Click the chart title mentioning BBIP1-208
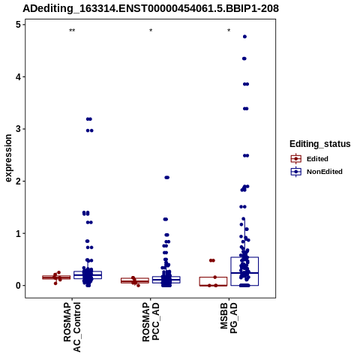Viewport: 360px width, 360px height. [x=151, y=8]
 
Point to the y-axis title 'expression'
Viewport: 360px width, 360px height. [x=8, y=158]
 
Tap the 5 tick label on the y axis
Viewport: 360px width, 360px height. [x=18, y=25]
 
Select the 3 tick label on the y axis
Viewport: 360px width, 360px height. [x=18, y=129]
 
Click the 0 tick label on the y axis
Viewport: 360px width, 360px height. [x=18, y=286]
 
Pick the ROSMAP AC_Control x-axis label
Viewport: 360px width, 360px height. [x=72, y=327]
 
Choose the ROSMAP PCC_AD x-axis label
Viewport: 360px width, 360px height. [x=151, y=322]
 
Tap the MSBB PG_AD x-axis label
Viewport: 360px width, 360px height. [x=229, y=318]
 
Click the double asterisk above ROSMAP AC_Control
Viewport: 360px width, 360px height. [x=72, y=31]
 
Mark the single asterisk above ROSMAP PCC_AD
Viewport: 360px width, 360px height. [x=151, y=31]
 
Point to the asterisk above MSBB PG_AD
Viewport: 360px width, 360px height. [x=229, y=31]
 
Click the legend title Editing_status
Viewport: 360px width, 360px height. [x=320, y=144]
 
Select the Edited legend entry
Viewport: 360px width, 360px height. [x=309, y=159]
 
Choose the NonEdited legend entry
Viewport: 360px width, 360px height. [x=316, y=172]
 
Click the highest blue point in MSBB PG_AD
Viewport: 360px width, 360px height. [x=244, y=37]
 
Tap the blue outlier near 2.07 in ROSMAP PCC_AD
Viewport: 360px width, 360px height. [x=166, y=178]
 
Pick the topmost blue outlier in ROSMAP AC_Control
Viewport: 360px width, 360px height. [x=89, y=119]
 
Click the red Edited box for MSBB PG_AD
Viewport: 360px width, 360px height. [x=213, y=281]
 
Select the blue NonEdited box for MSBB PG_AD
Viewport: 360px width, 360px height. [x=244, y=271]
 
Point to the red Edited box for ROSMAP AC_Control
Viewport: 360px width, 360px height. [x=56, y=277]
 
